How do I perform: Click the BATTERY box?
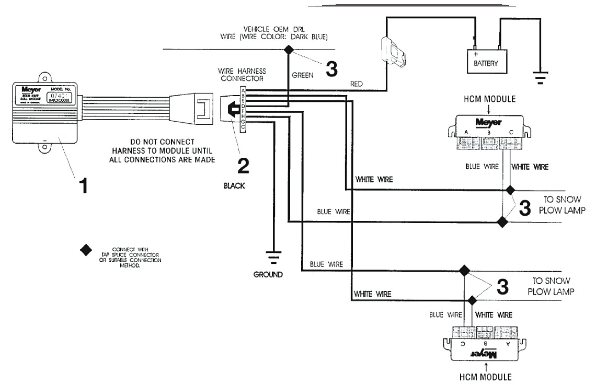point(487,62)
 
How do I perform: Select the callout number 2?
point(242,165)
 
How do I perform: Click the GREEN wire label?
point(303,75)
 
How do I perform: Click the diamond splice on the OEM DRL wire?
point(288,50)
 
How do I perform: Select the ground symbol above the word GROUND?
point(272,256)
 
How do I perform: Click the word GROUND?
point(268,274)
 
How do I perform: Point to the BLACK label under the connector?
point(235,185)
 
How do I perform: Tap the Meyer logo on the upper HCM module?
point(487,122)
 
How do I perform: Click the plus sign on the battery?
point(476,54)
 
